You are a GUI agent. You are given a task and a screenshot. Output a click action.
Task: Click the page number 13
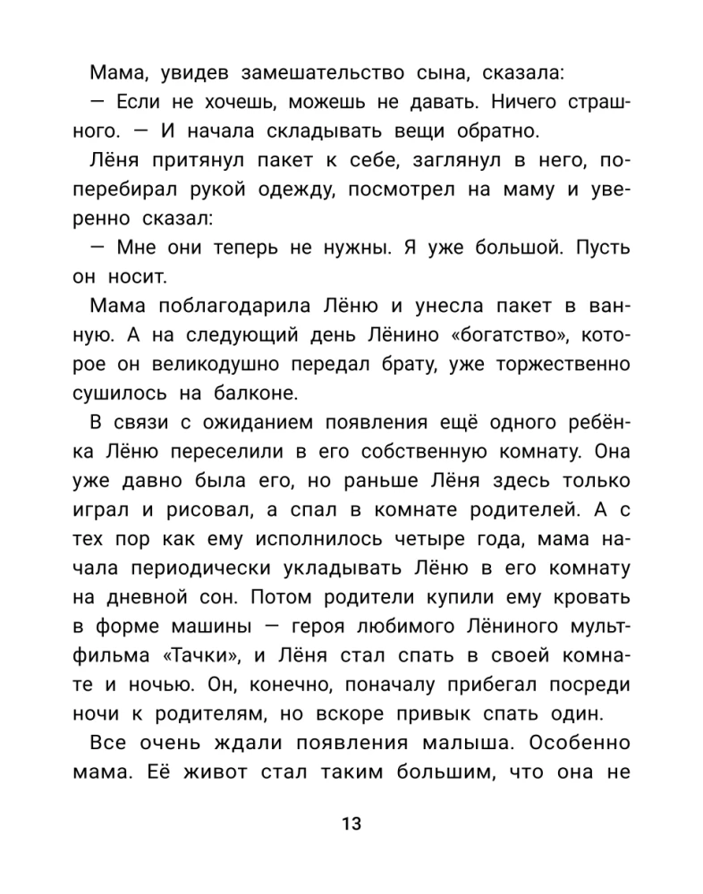tap(351, 824)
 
